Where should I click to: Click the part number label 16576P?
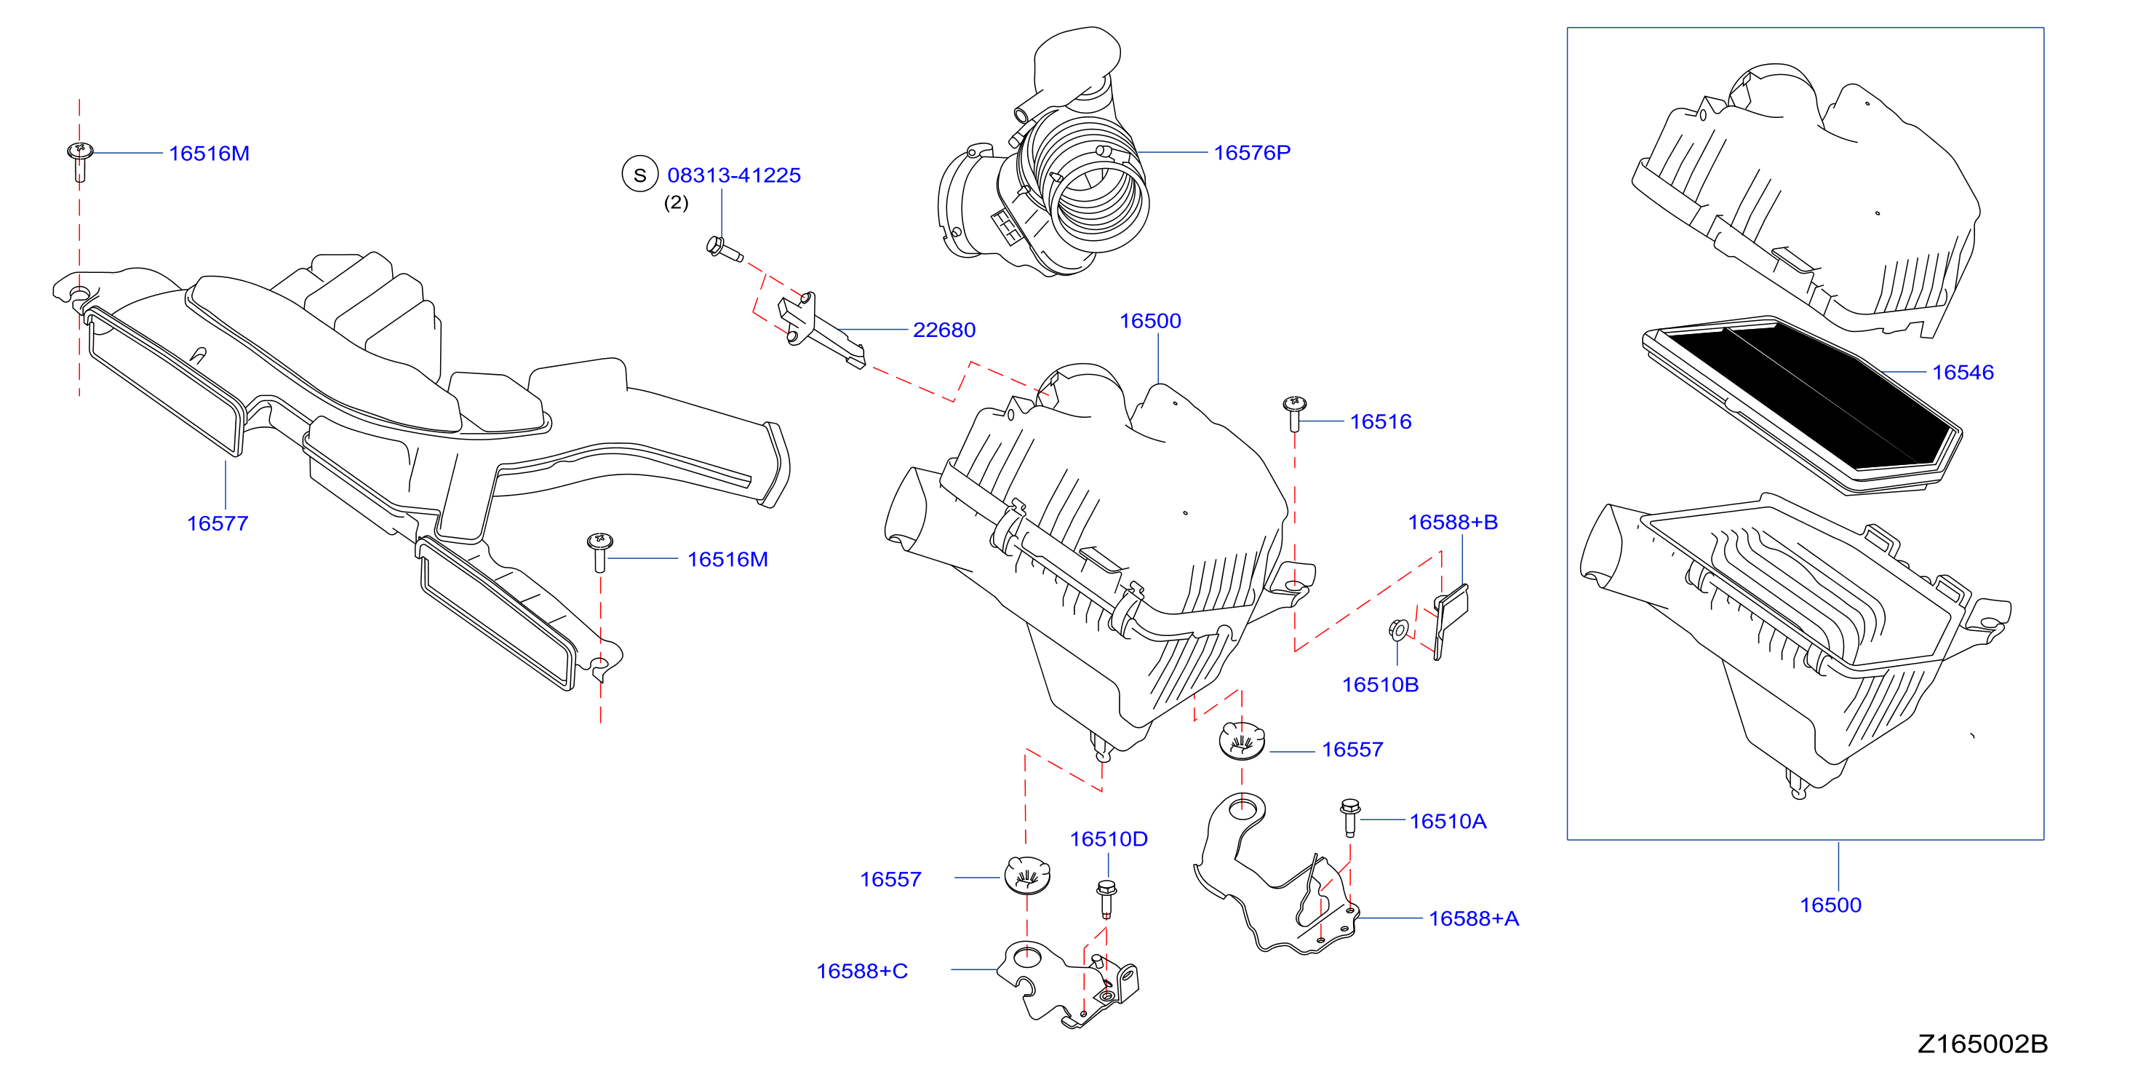1251,153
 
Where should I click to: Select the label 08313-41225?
733,175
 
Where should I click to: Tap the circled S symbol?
639,175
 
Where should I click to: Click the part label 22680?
944,330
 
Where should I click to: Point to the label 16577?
218,523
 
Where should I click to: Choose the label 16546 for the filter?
1962,372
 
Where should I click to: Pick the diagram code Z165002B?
1982,1044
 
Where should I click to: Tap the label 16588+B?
1452,522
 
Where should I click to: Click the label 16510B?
1380,685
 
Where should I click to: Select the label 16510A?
1448,821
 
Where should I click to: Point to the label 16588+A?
1474,918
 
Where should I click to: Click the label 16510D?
1108,839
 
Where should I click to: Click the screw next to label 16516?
1294,413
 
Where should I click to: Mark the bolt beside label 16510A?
1349,817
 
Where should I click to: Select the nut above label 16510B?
1397,630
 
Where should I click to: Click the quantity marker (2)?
677,202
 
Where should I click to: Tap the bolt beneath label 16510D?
1106,899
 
